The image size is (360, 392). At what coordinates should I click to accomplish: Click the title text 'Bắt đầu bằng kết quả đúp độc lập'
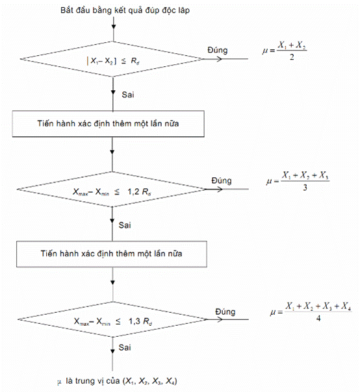125,10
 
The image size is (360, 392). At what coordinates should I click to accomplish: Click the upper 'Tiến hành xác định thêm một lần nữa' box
108,124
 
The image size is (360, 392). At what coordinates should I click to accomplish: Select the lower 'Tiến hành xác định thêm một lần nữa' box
112,254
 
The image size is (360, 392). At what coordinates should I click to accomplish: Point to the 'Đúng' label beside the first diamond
218,50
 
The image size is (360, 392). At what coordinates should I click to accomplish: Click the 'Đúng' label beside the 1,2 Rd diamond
222,180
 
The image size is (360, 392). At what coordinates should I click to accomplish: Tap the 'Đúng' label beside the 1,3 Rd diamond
225,312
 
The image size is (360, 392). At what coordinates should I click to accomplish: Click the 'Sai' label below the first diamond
128,95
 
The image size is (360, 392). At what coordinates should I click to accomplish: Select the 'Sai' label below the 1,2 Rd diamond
125,225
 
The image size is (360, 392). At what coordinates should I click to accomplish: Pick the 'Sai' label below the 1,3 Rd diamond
125,347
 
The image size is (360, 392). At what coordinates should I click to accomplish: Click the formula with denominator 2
285,51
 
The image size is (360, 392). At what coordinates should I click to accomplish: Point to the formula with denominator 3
298,181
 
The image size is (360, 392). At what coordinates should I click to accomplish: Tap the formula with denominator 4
311,312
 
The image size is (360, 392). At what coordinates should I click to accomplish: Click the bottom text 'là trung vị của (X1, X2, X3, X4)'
122,381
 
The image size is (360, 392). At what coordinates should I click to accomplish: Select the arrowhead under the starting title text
114,27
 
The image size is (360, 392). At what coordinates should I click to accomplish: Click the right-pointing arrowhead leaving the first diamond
219,59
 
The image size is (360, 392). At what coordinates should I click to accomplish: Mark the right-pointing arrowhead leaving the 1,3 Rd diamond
220,319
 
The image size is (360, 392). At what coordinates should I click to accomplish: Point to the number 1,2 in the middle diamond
133,191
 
